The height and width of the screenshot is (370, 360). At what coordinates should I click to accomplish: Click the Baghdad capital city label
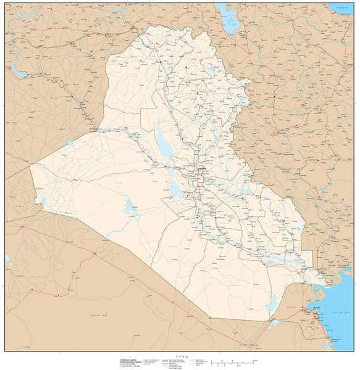[202, 168]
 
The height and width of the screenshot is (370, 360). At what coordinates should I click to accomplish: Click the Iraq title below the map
[180, 356]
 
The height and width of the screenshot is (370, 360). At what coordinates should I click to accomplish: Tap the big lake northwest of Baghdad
[165, 147]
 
